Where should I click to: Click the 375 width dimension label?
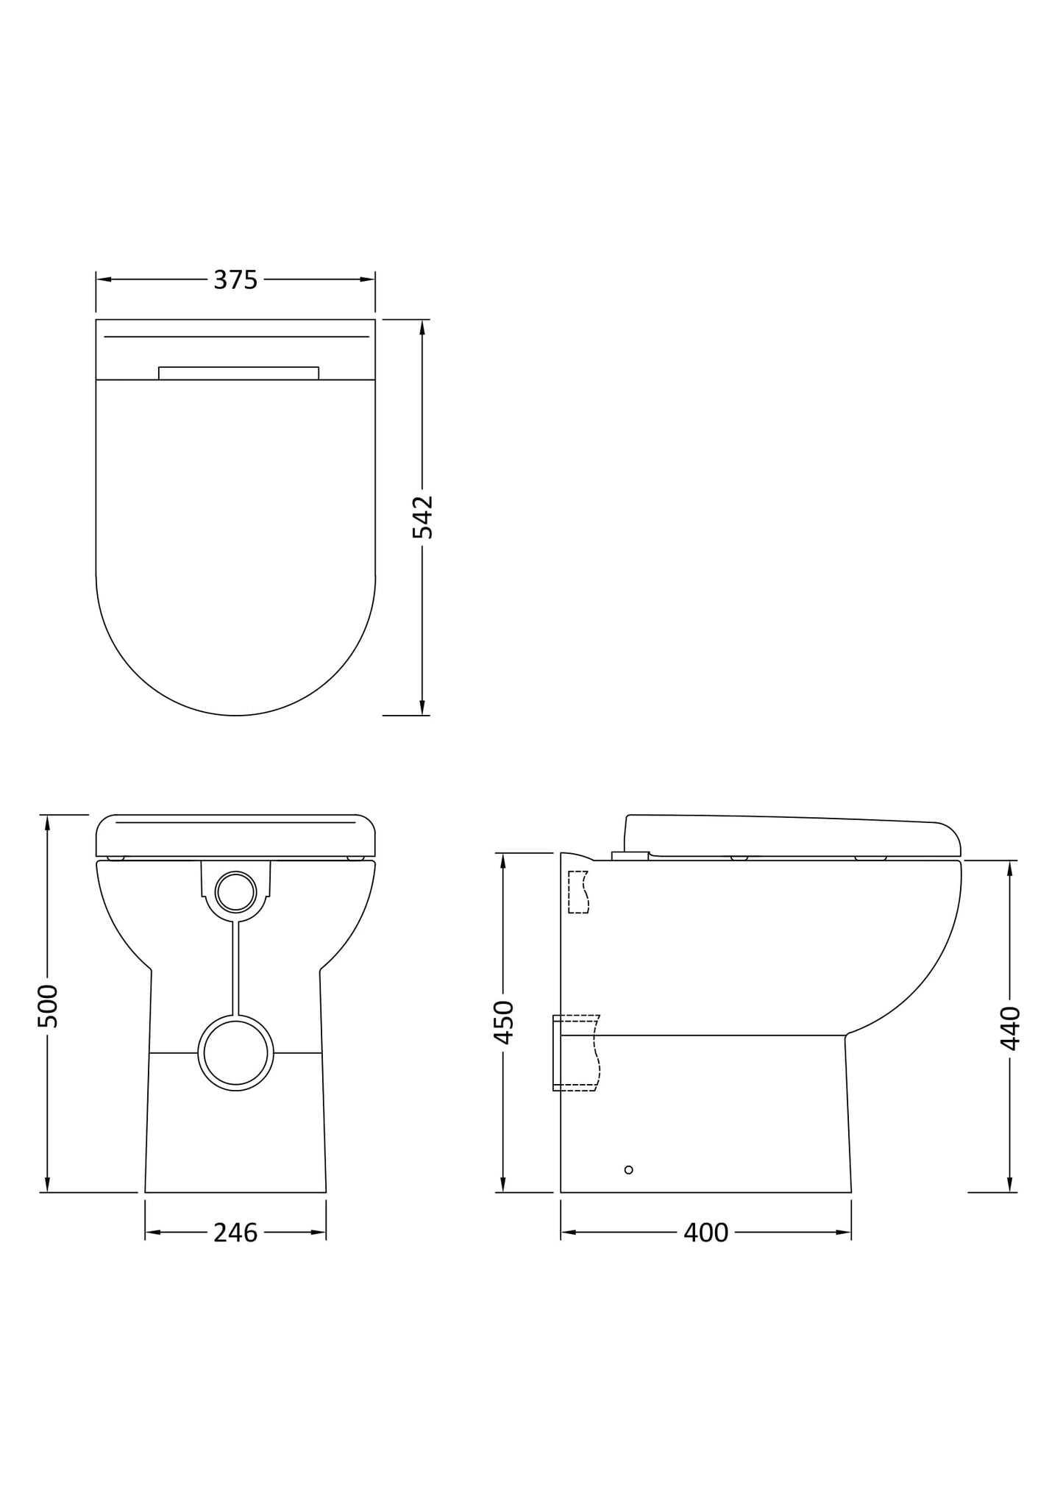[x=235, y=280]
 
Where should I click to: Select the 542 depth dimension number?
[x=422, y=517]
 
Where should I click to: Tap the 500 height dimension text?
[x=47, y=1005]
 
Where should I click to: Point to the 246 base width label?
[x=235, y=1233]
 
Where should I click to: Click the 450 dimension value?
[x=503, y=1022]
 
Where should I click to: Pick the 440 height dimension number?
[x=1010, y=1027]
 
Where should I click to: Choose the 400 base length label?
[x=705, y=1233]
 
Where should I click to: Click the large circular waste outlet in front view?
[x=235, y=1052]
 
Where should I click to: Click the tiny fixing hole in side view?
[x=628, y=1169]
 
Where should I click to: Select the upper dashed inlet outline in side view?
[x=578, y=892]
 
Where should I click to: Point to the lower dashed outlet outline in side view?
[x=577, y=1052]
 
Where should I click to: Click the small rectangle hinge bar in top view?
[x=238, y=373]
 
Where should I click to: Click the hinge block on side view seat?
[x=630, y=855]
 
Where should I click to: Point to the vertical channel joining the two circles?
[x=235, y=968]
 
